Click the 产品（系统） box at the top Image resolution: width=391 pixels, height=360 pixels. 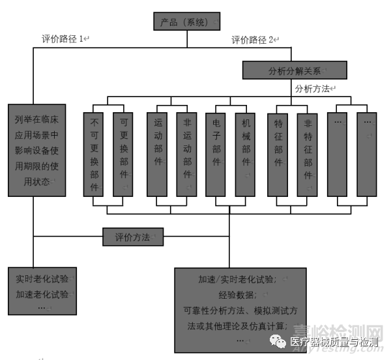[x=187, y=22]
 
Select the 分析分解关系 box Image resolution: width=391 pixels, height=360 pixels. [x=294, y=70]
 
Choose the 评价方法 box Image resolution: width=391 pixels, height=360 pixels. [x=133, y=237]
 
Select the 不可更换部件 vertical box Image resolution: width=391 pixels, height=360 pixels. [x=94, y=154]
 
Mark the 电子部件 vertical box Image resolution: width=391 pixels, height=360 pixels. [x=216, y=154]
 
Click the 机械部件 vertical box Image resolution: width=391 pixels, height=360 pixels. [x=245, y=154]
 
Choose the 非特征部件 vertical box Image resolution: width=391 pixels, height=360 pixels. [x=308, y=154]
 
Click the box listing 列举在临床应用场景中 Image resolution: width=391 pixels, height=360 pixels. [x=36, y=150]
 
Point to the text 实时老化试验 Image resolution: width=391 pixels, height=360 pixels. [x=41, y=280]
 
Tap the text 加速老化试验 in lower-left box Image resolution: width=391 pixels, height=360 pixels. [x=41, y=294]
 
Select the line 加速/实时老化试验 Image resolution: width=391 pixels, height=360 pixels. [x=238, y=279]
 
